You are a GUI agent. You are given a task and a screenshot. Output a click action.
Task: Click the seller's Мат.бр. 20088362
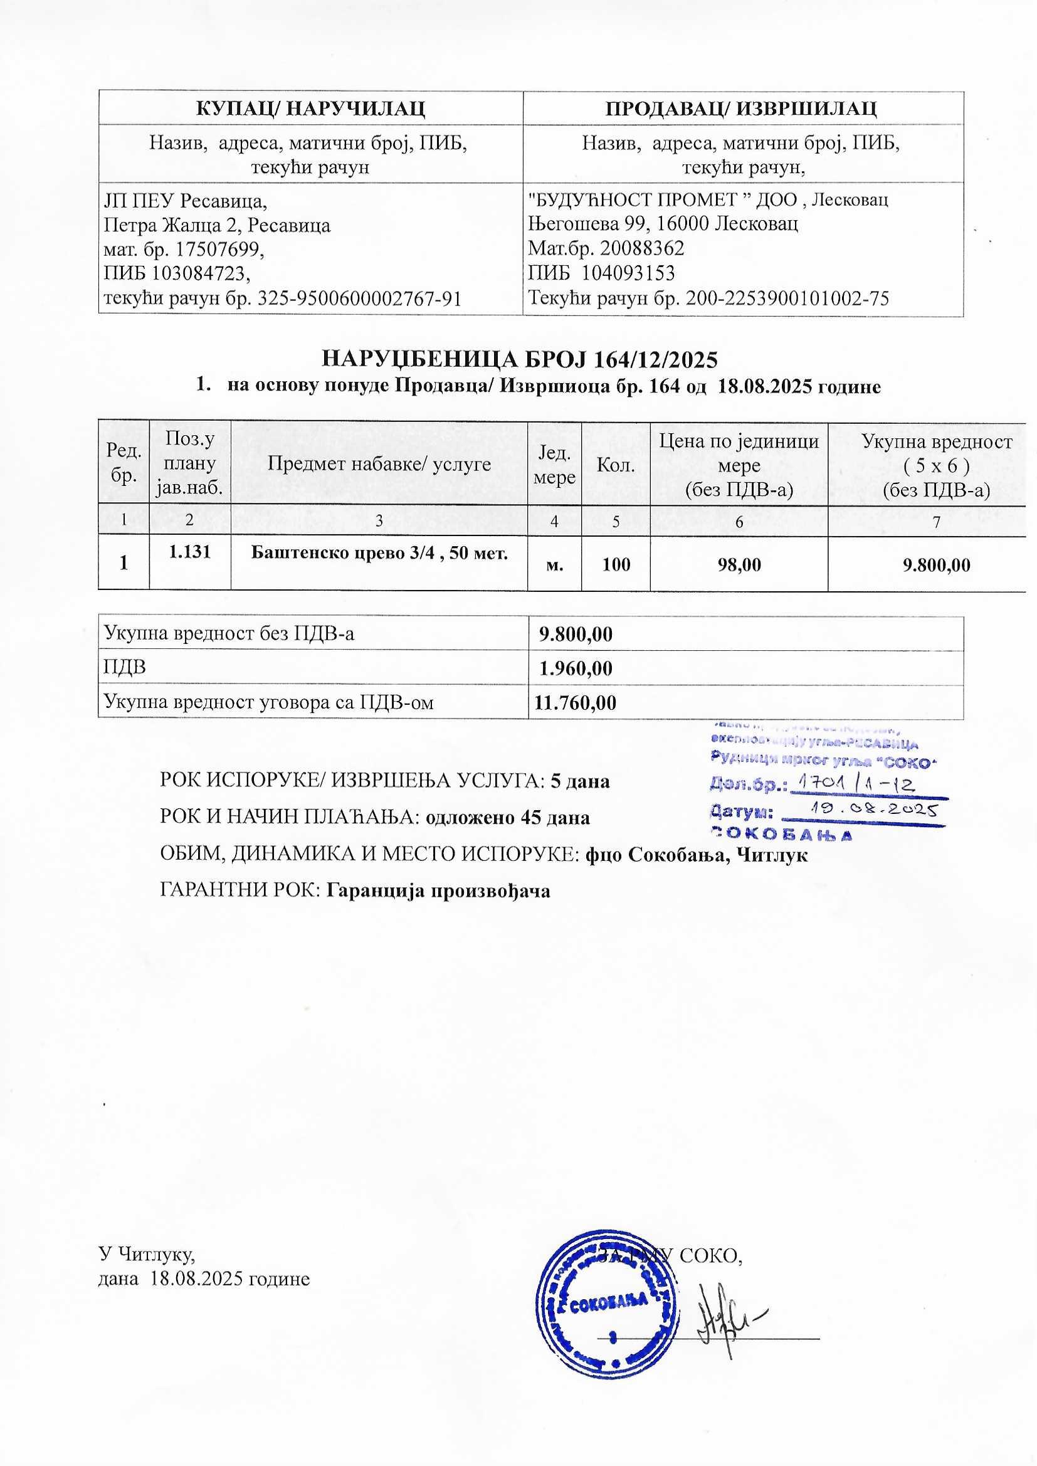(606, 248)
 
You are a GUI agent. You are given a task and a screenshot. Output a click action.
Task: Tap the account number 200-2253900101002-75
(787, 298)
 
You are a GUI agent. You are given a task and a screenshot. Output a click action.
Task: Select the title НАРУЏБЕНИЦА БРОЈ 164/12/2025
(519, 360)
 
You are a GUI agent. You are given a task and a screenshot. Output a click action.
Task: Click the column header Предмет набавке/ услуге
(379, 463)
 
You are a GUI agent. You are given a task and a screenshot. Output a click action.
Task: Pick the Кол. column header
(616, 465)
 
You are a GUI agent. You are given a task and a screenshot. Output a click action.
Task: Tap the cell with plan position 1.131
(189, 552)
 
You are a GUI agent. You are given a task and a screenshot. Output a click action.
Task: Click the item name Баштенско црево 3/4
(379, 553)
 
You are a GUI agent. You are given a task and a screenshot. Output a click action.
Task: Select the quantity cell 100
(616, 564)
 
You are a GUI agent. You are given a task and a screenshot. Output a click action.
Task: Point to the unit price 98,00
(739, 564)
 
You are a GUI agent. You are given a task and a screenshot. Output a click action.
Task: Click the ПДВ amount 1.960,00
(576, 668)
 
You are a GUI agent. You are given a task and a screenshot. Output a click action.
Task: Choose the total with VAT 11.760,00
(576, 703)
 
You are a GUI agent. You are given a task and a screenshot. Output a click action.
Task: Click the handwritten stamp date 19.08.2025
(872, 810)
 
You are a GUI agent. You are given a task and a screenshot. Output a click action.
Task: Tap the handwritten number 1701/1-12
(855, 783)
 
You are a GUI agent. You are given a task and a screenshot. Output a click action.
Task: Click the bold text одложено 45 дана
(508, 818)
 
